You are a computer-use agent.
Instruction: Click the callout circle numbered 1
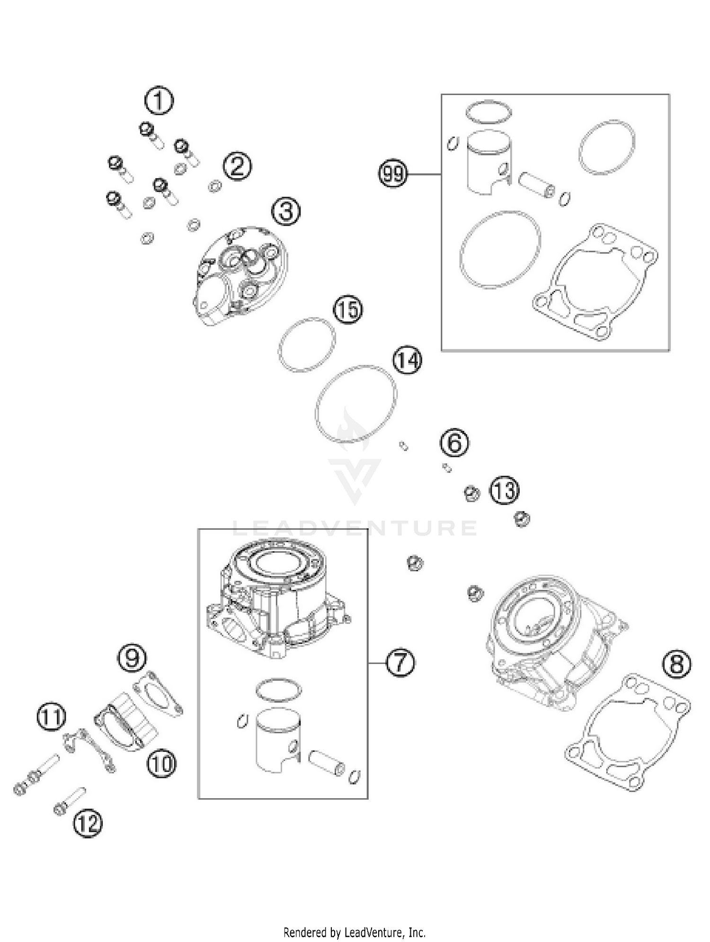click(159, 101)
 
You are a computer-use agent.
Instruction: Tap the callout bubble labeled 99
click(393, 174)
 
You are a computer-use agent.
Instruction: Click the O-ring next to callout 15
click(307, 345)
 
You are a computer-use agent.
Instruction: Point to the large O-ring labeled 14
click(356, 404)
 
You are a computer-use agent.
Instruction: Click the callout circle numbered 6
click(454, 443)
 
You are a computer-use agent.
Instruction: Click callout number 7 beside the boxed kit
click(400, 663)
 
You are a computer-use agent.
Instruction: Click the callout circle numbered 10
click(161, 763)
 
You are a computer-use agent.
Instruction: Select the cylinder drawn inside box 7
click(277, 598)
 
